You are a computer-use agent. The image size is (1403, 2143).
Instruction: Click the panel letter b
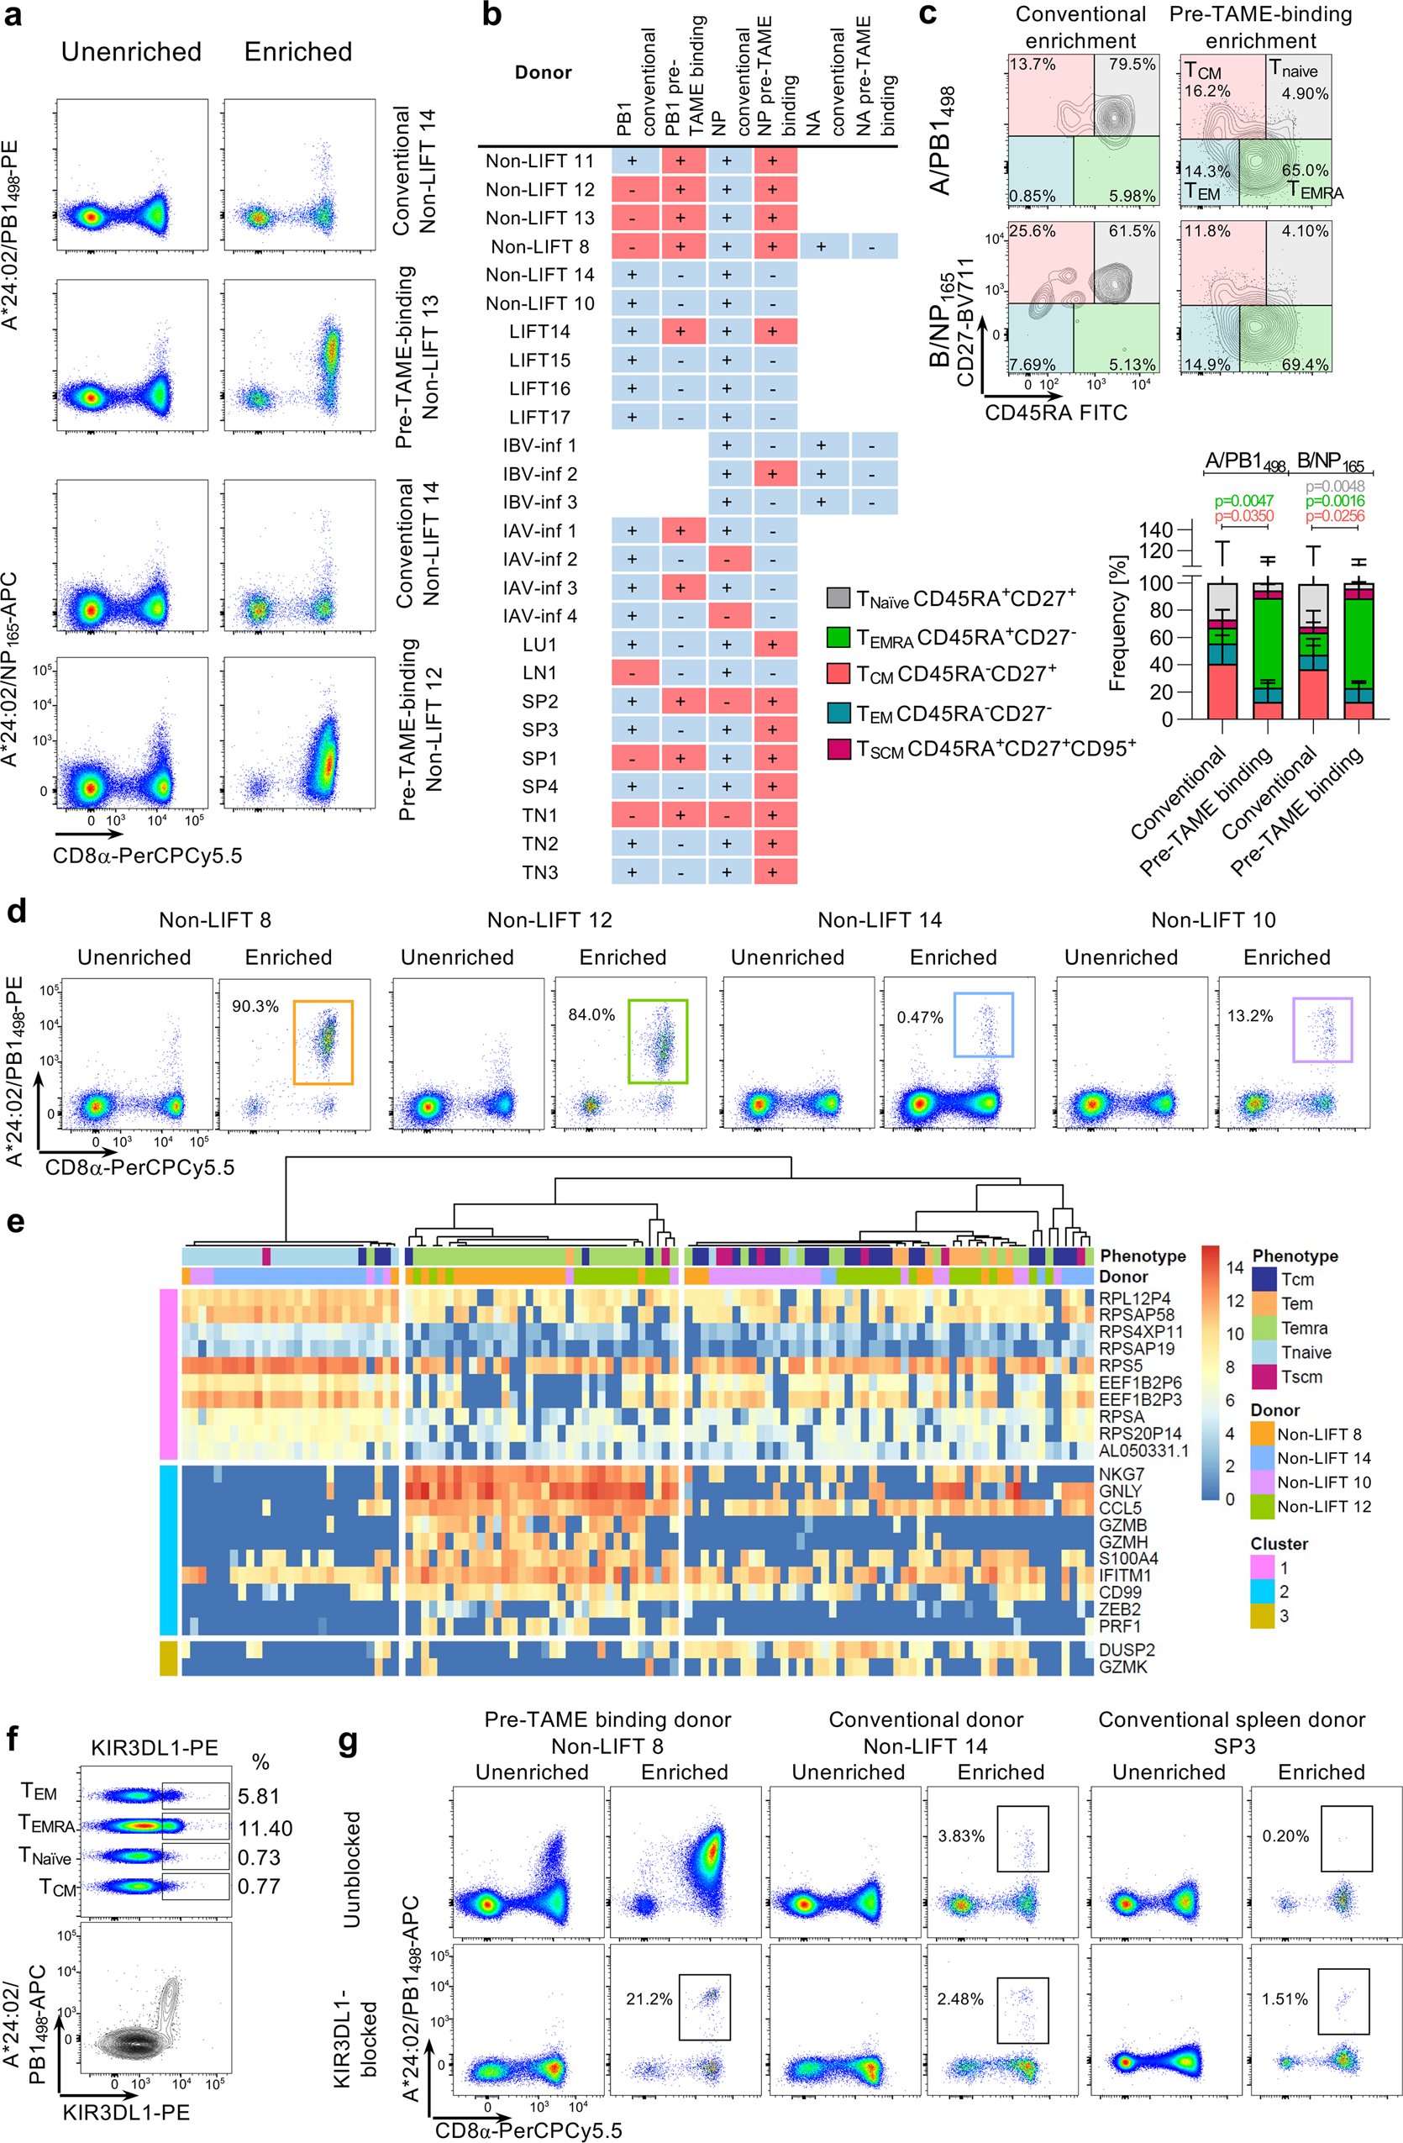(x=492, y=15)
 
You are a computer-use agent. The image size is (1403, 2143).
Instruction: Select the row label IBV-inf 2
(x=540, y=474)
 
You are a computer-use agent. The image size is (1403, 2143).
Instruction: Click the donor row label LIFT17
(x=540, y=417)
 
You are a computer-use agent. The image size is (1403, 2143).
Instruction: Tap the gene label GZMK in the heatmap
(x=1123, y=1666)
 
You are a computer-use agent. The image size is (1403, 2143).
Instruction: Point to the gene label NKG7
(x=1122, y=1474)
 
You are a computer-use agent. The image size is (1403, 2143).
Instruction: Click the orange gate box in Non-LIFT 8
(x=323, y=1042)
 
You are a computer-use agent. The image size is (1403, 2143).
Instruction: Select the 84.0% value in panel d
(x=591, y=1015)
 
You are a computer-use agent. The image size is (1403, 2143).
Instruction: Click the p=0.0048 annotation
(x=1335, y=487)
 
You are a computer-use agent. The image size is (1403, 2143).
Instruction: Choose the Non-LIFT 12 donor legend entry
(x=1324, y=1505)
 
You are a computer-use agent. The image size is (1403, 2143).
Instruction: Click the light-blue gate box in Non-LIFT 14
(x=984, y=1024)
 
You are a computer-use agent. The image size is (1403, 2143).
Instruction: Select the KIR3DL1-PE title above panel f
(x=155, y=1748)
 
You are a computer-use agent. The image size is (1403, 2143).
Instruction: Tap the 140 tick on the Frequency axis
(x=1155, y=529)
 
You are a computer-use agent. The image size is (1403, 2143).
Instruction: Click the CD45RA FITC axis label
(x=1056, y=413)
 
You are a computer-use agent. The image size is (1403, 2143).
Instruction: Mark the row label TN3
(x=540, y=871)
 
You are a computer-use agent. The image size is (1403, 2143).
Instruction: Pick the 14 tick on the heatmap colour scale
(x=1235, y=1267)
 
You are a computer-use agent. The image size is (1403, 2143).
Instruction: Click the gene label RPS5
(x=1121, y=1366)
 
